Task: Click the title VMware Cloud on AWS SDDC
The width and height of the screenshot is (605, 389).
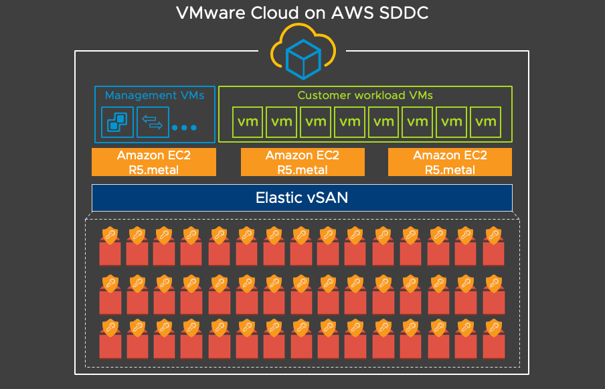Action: coord(302,13)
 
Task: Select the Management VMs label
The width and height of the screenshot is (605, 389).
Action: coord(155,95)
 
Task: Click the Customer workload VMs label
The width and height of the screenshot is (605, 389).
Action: coord(365,95)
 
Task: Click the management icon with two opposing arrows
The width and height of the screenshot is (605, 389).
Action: coord(153,123)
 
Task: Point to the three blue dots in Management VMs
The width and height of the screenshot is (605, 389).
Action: coord(184,127)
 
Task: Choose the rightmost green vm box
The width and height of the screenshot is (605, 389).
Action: coord(486,122)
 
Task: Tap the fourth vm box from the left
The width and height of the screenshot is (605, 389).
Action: coord(350,122)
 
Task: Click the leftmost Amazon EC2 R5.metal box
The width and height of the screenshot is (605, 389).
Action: coord(154,162)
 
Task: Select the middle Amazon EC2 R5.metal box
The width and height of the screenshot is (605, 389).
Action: coord(302,162)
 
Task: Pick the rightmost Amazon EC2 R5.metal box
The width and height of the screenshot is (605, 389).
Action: coord(450,162)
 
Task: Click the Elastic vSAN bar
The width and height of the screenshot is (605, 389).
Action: coord(302,198)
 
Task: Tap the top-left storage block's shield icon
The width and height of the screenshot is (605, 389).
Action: coord(110,235)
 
